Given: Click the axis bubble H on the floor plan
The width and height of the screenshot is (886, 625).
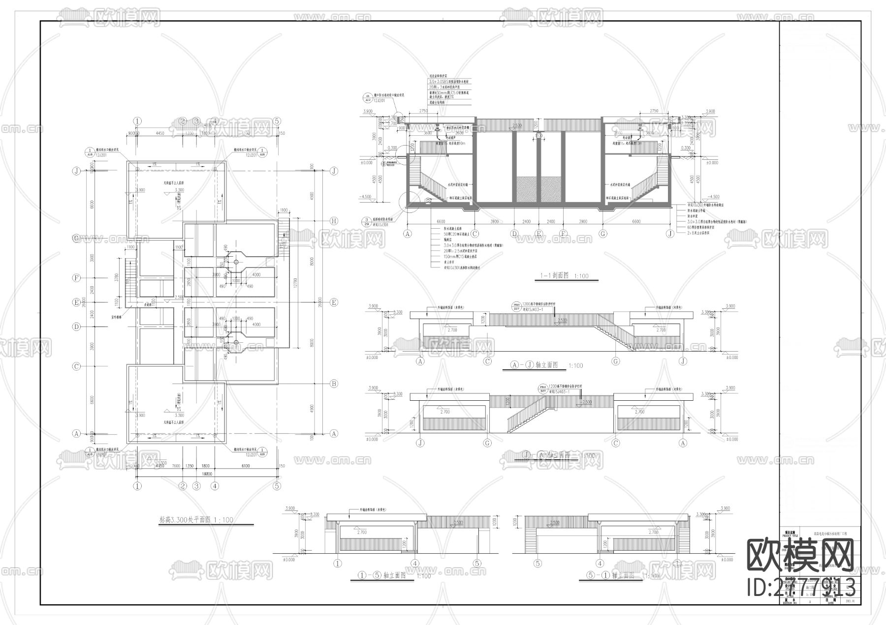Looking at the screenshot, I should [334, 221].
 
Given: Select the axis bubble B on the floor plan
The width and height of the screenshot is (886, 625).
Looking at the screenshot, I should [334, 384].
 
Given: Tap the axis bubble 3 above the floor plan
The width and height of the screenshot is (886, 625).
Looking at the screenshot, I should [196, 121].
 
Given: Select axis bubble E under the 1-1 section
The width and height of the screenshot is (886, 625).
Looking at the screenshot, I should [539, 234].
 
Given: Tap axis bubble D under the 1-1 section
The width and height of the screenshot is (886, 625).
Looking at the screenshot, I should [514, 234].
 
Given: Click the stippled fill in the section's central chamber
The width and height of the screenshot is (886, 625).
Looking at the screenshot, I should [539, 189].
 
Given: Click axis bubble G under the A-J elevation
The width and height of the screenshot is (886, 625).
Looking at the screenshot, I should [616, 361].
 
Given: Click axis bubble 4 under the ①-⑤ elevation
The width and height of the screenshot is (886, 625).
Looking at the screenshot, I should [415, 564].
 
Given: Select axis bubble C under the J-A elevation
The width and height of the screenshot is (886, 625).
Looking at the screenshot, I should [616, 443].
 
